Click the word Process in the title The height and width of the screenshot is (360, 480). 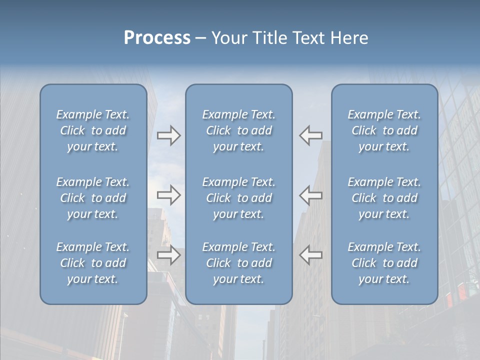click(x=157, y=38)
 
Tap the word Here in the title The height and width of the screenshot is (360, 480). click(x=349, y=38)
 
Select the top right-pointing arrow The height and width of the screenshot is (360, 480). click(x=168, y=135)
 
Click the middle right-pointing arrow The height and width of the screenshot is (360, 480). click(x=168, y=195)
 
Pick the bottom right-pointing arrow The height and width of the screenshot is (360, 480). click(x=168, y=255)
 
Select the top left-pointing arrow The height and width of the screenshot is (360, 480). click(x=311, y=135)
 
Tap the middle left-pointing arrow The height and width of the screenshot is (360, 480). click(x=311, y=195)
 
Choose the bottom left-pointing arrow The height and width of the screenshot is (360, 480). click(x=311, y=255)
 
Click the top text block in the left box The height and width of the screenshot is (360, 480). click(x=93, y=130)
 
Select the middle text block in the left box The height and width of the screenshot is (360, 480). click(x=93, y=198)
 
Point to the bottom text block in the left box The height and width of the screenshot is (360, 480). click(x=93, y=263)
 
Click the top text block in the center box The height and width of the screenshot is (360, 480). click(x=239, y=130)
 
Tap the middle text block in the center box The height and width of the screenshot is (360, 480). click(x=239, y=198)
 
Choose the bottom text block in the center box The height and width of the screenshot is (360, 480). click(x=239, y=263)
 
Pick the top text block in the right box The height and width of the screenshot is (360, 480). click(x=384, y=130)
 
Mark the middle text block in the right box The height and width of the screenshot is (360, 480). click(x=384, y=198)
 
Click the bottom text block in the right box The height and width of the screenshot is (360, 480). click(x=384, y=263)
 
